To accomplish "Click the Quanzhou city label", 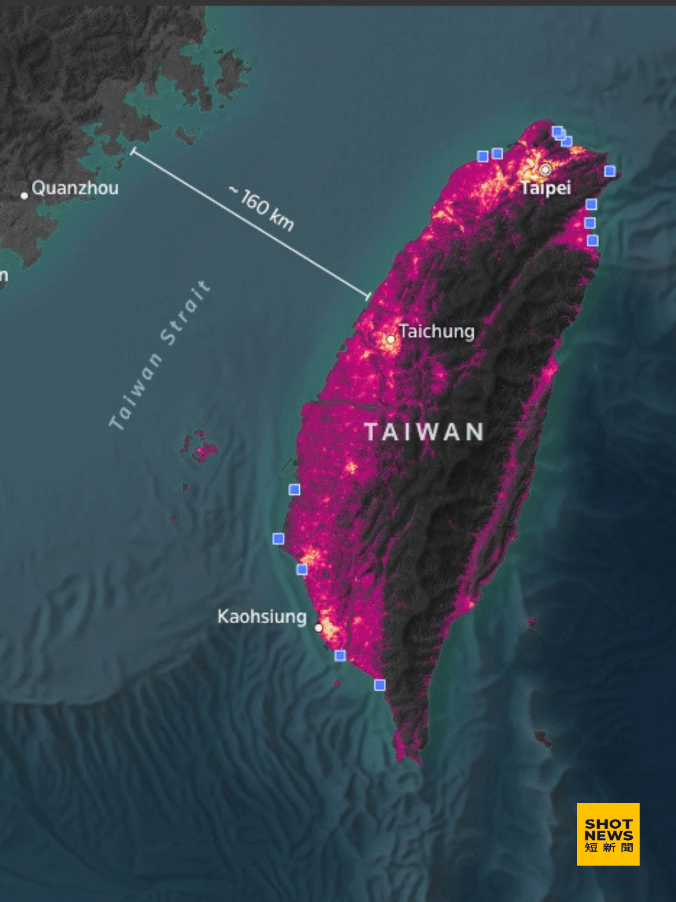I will click(x=75, y=188).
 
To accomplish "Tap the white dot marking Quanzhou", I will click(x=24, y=195).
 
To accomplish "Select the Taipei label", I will click(x=546, y=188).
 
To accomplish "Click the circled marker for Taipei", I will click(x=545, y=170).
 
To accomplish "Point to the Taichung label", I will click(x=437, y=331).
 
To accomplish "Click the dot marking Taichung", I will click(x=391, y=340).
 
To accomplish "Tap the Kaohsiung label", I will click(x=262, y=616).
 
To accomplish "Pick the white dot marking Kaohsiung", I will click(x=319, y=628).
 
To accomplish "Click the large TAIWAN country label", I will click(x=424, y=432).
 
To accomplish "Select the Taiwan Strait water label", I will click(x=160, y=356).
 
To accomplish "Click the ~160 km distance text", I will click(x=262, y=209).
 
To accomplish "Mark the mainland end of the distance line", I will click(x=132, y=152).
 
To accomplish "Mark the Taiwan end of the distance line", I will click(x=369, y=296).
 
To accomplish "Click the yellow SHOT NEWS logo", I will click(x=608, y=834).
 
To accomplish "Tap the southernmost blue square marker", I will click(x=379, y=685).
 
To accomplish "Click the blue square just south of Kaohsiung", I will click(x=340, y=655).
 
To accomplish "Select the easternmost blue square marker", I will click(x=610, y=171).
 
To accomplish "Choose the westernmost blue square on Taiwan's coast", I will click(x=279, y=539).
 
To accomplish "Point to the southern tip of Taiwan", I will click(x=418, y=761).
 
